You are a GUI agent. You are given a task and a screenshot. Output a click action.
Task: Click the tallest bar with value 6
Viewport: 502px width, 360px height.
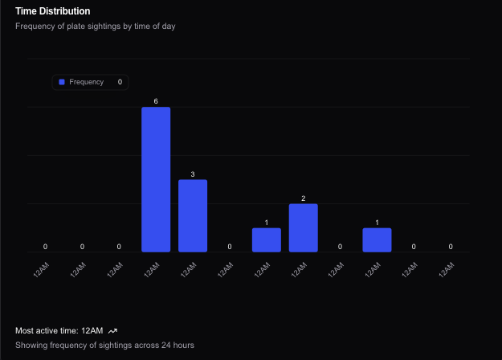(156, 179)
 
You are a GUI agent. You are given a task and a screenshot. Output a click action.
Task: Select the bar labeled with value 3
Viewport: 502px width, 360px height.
(193, 215)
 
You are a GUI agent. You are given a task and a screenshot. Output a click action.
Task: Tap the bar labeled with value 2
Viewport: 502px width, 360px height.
(303, 227)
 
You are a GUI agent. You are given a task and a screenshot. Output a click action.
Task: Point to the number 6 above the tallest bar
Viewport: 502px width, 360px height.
(156, 101)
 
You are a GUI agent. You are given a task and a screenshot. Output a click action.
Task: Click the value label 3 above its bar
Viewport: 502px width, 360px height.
(193, 174)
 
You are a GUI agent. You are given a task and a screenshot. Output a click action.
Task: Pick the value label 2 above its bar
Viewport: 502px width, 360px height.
(303, 198)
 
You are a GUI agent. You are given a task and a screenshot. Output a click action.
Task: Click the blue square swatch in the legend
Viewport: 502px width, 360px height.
(62, 82)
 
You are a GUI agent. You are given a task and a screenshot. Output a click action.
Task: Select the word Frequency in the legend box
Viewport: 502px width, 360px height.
(86, 82)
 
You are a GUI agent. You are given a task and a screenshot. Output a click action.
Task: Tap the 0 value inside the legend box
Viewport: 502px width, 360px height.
(120, 82)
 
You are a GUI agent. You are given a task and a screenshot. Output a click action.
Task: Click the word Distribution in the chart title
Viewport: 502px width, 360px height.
(63, 11)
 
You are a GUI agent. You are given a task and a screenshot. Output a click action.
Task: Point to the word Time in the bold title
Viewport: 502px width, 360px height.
(26, 11)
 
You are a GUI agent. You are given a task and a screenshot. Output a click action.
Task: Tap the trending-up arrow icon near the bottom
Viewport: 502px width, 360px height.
(113, 330)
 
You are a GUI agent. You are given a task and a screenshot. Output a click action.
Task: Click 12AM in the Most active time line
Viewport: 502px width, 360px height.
(92, 330)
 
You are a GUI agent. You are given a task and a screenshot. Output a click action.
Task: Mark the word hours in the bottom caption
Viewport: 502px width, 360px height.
(182, 345)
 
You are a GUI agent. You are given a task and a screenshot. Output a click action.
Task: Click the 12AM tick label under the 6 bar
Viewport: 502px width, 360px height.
(152, 269)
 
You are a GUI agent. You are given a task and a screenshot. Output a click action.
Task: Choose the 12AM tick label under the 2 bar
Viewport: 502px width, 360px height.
(299, 269)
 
